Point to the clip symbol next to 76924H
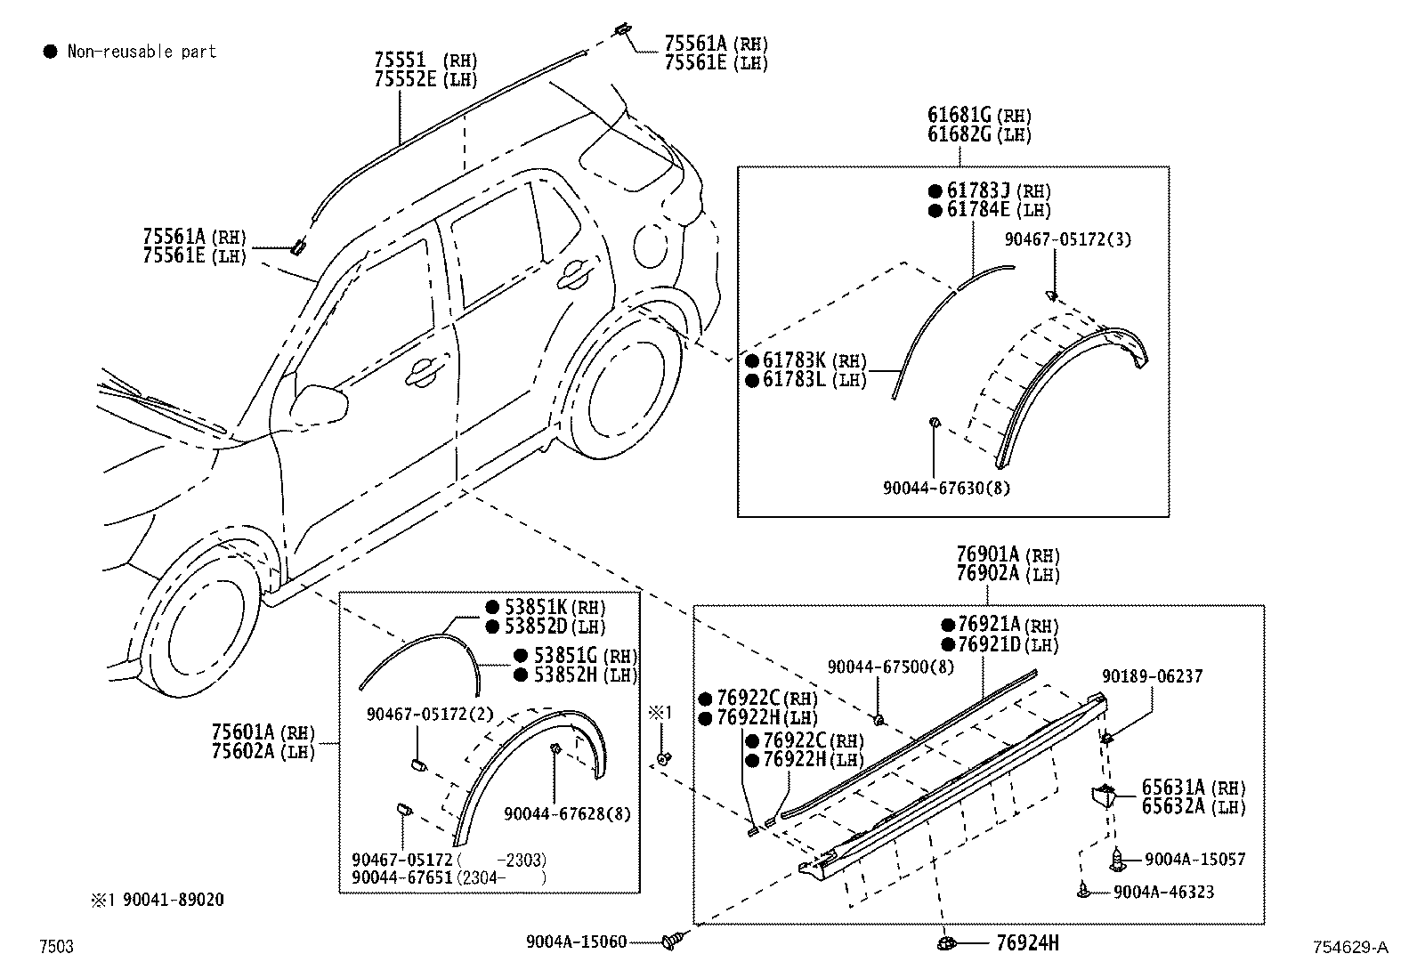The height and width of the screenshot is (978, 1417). pos(946,942)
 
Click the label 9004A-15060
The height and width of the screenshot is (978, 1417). pos(575,942)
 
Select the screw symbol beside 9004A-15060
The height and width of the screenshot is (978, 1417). pos(675,940)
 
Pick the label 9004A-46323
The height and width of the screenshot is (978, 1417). pos(1162,892)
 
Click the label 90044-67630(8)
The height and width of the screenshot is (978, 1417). pos(946,488)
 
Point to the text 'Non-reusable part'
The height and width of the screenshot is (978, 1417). pos(142,52)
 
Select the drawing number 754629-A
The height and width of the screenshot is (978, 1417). pos(1348,948)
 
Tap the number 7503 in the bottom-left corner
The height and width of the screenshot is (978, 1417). pos(55,947)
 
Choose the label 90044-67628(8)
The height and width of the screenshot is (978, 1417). pos(567,813)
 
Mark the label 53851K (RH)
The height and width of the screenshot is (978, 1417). pos(545,608)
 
